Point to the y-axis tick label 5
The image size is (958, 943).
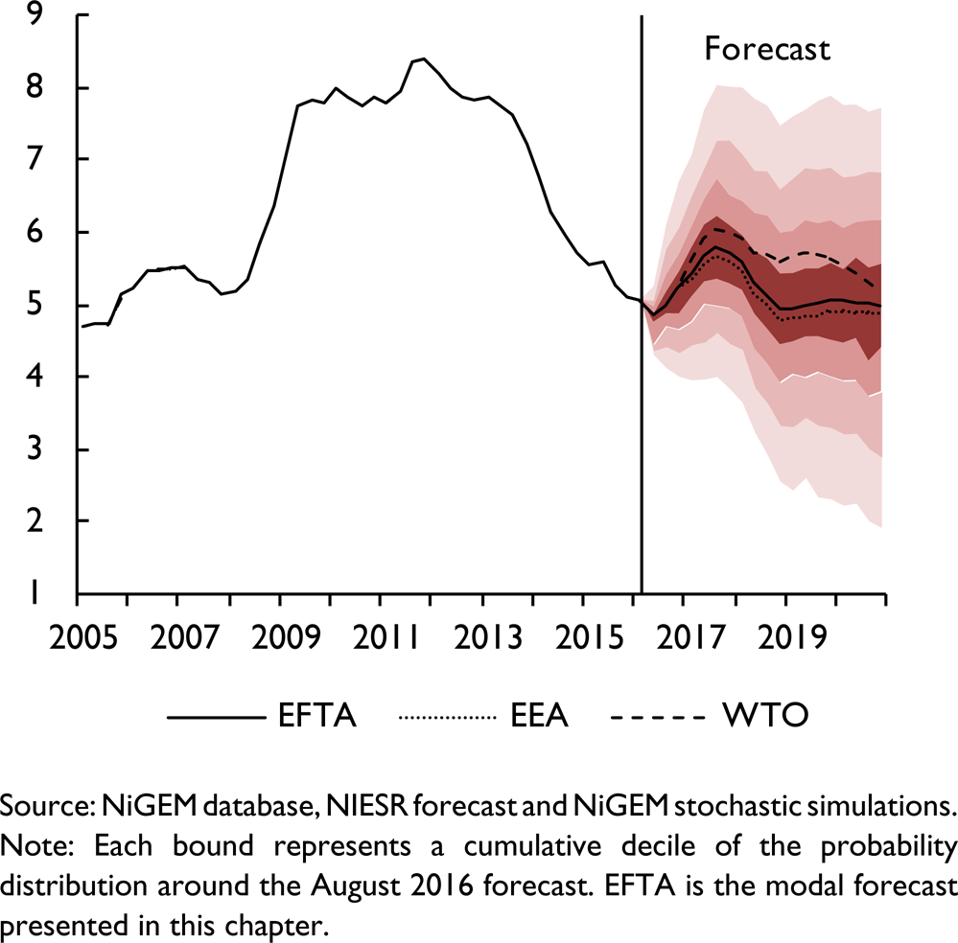pos(35,306)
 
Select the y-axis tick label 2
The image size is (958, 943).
pos(35,522)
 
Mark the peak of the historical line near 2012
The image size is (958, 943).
pos(424,58)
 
